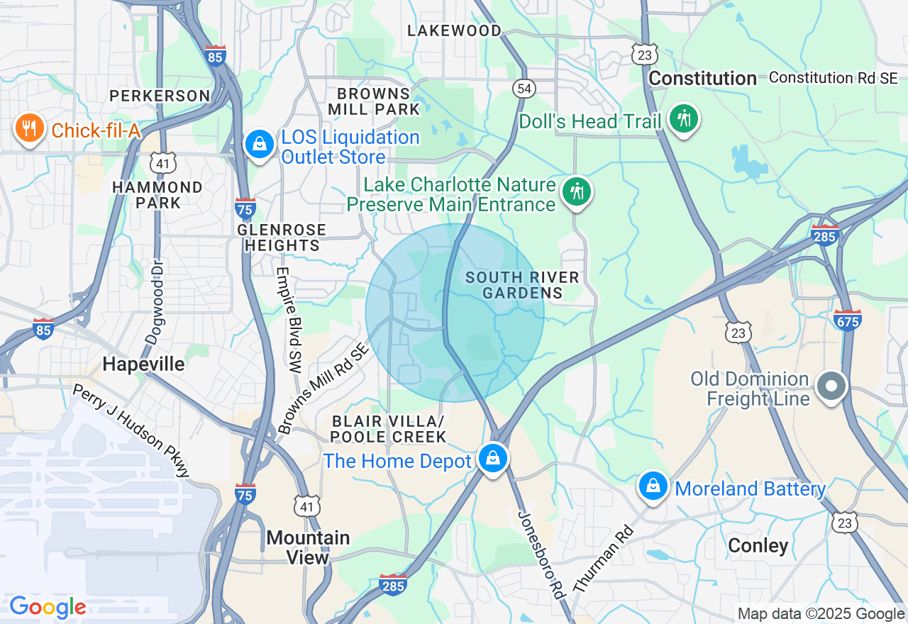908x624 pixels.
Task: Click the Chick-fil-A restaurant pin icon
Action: click(x=29, y=128)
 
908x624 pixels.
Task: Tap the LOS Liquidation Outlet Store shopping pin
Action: click(x=260, y=145)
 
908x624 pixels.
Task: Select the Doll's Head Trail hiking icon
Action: click(x=684, y=119)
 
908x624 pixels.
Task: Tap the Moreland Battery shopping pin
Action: click(x=653, y=487)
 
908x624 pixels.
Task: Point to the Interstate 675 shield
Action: click(x=848, y=320)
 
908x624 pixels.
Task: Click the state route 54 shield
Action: click(x=524, y=89)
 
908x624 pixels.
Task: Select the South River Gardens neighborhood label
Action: click(x=522, y=285)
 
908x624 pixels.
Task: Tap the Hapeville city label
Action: click(x=144, y=364)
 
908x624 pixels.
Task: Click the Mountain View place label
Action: click(x=308, y=547)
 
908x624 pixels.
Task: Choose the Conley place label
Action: click(x=758, y=546)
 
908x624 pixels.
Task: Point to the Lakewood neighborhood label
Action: click(x=454, y=30)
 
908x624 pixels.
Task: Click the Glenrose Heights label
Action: click(x=282, y=238)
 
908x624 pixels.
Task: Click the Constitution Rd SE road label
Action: click(x=834, y=78)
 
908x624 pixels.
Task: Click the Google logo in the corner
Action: click(x=48, y=607)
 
